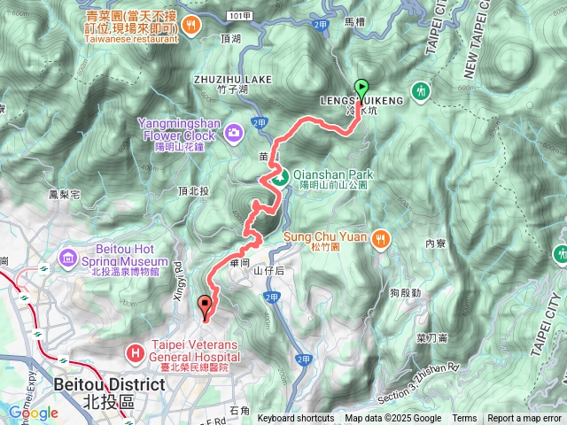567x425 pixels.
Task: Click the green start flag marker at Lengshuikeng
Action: [x=361, y=88]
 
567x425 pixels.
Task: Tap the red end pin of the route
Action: [x=206, y=306]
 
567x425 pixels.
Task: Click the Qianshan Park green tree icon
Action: [x=279, y=177]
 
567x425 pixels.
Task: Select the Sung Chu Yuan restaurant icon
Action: [x=381, y=237]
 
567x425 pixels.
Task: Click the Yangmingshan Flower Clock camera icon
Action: [x=233, y=132]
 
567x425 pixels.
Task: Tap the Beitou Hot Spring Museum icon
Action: [x=69, y=258]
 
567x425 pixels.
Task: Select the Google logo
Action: [x=34, y=413]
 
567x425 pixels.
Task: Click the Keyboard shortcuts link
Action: [x=296, y=419]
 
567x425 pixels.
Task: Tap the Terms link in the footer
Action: [x=464, y=419]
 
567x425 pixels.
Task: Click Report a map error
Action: [x=525, y=419]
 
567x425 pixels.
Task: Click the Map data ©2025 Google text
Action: [x=392, y=419]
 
